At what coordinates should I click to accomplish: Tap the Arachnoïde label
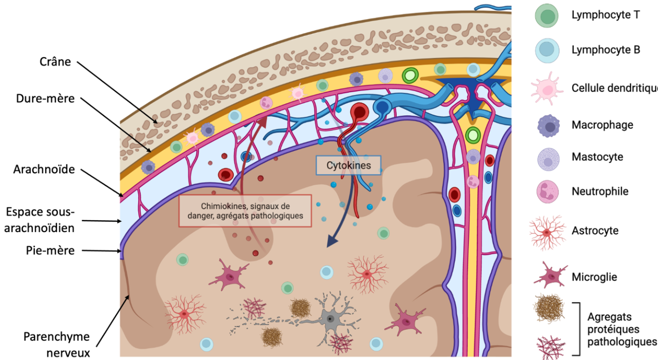coord(44,169)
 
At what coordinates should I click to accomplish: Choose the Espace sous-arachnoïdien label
coord(40,220)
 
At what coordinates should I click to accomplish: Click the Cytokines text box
coord(348,165)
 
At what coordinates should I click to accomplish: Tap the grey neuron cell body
coord(330,318)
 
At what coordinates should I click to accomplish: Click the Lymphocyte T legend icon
coord(547,15)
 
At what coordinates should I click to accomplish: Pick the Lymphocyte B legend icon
coord(547,50)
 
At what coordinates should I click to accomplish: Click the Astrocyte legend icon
coord(547,232)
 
